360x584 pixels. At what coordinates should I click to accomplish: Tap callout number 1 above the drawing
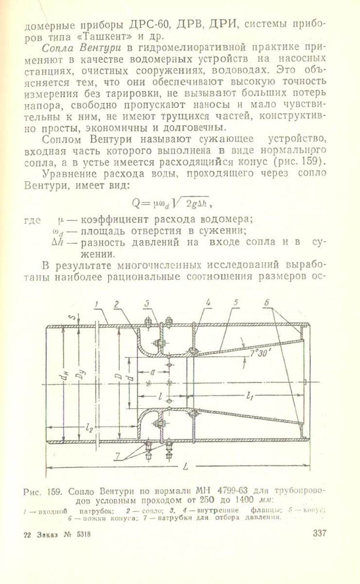(97, 304)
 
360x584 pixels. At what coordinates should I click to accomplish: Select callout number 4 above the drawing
(208, 303)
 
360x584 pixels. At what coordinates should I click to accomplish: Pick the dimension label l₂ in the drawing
(89, 428)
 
